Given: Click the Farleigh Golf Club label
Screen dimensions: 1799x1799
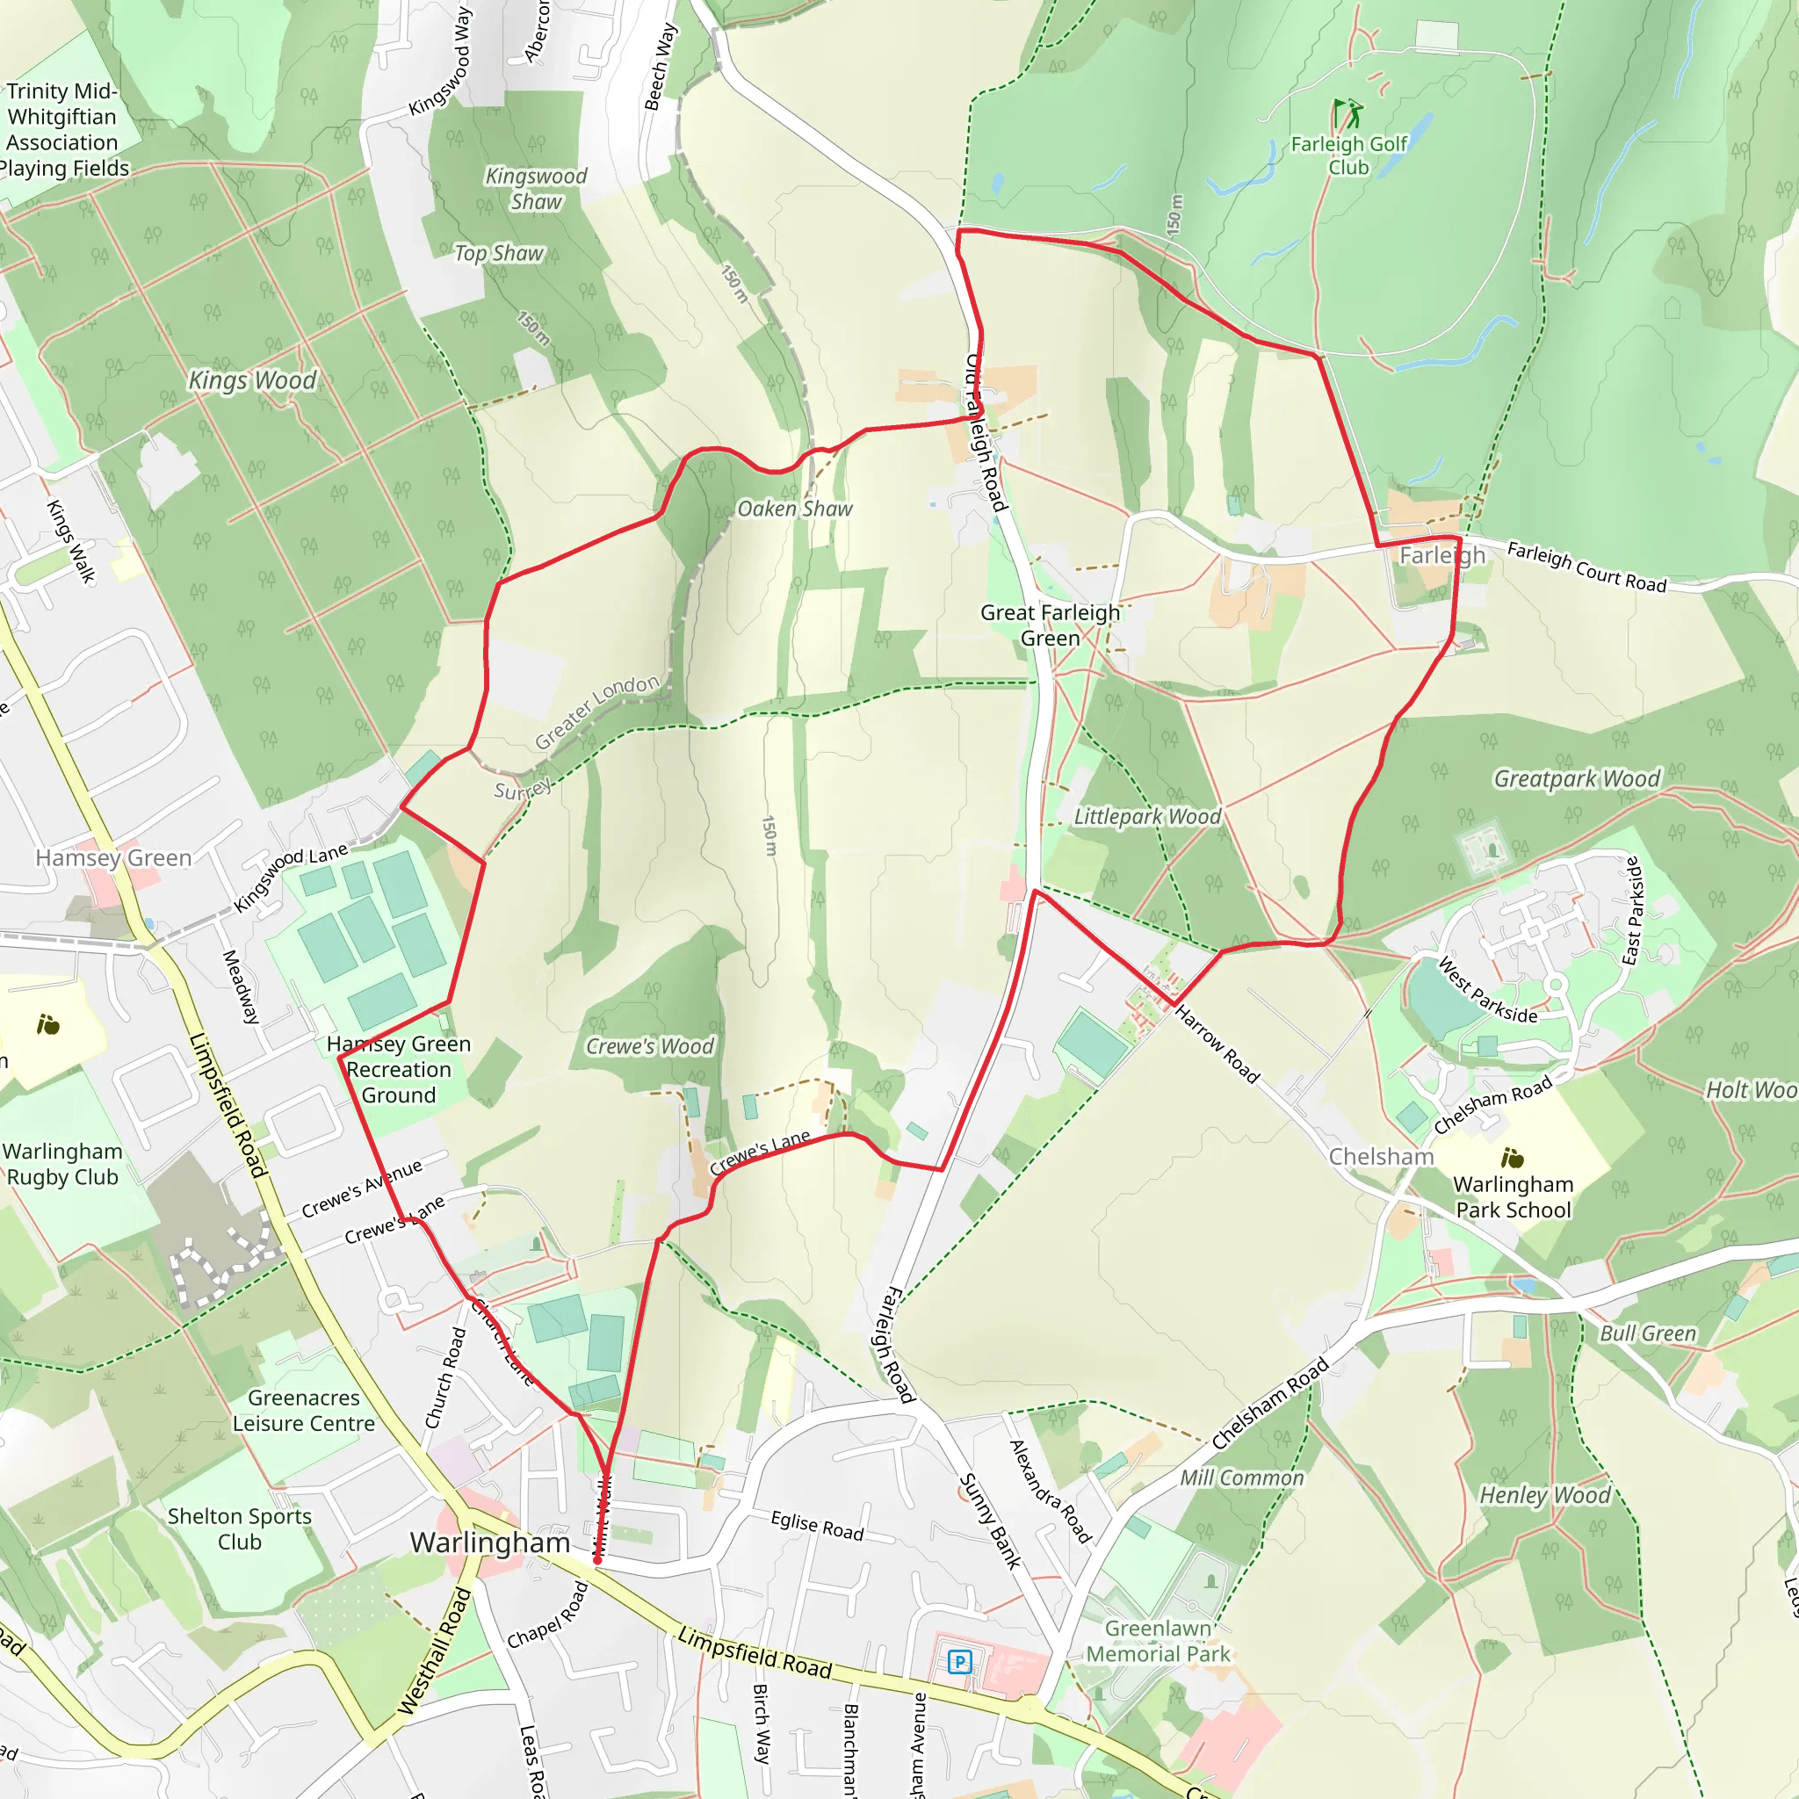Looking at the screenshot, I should click(1348, 155).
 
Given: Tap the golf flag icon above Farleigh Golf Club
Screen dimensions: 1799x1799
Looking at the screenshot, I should click(1347, 114).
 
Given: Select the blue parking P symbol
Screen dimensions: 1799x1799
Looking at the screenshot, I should click(959, 1661).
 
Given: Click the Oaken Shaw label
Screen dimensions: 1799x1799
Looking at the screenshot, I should click(794, 509).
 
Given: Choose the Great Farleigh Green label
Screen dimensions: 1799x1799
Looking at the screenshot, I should click(1050, 625).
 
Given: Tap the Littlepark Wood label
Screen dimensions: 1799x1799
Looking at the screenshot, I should click(1147, 817).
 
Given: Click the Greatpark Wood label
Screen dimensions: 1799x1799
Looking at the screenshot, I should click(1577, 778).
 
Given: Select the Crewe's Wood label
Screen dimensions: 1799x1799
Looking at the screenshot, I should click(649, 1046).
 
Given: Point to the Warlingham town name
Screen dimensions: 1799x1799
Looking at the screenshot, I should click(490, 1542).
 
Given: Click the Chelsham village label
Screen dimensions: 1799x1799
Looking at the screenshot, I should click(1381, 1157).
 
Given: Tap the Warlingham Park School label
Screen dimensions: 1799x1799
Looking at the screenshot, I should click(1514, 1196).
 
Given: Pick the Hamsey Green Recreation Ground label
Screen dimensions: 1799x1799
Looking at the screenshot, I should click(399, 1069).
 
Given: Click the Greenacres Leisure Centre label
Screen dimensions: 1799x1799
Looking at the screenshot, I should click(304, 1410).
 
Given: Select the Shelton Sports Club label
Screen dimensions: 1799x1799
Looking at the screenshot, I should click(239, 1528).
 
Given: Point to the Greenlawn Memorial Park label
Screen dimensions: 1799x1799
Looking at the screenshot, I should click(1159, 1641).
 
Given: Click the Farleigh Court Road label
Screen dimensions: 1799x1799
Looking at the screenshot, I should click(1586, 567).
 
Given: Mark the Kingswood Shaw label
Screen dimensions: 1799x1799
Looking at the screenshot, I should click(537, 188).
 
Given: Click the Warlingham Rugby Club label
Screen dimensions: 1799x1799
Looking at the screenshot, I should click(62, 1164).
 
